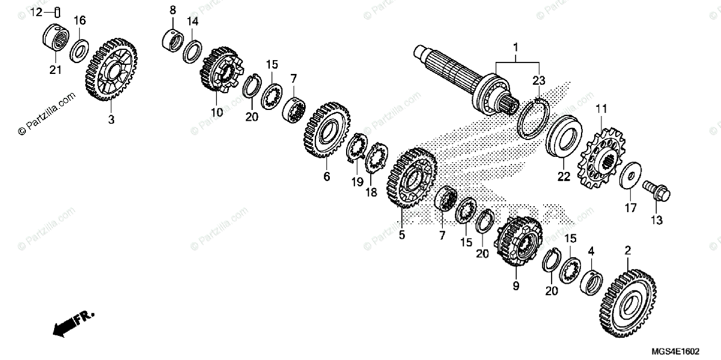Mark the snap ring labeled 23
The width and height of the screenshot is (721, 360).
pos(532,118)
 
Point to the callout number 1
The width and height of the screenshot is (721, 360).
pos(515,46)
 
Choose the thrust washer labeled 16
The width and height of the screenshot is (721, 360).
pos(79,50)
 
